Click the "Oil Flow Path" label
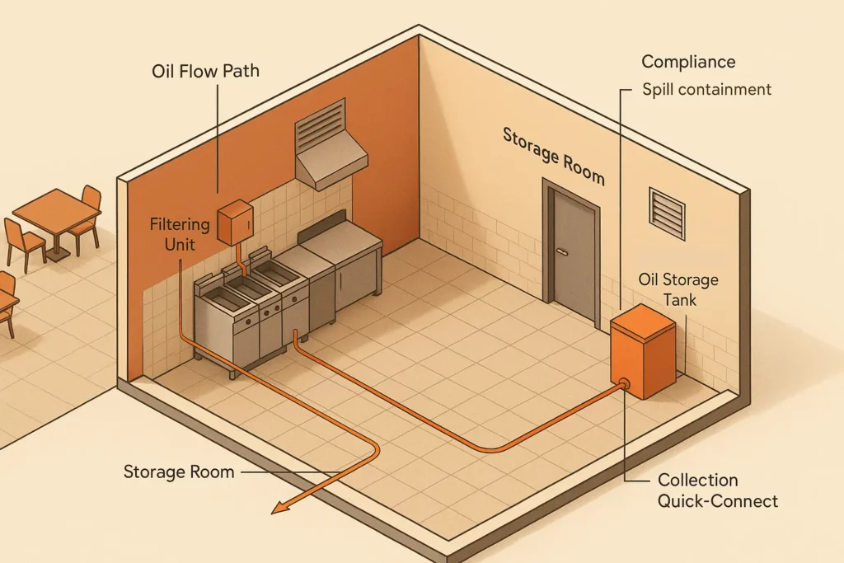pyautogui.click(x=205, y=71)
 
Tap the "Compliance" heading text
pyautogui.click(x=688, y=62)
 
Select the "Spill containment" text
pyautogui.click(x=706, y=89)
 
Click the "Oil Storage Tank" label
pyautogui.click(x=678, y=289)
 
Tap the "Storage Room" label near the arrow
pyautogui.click(x=179, y=472)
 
